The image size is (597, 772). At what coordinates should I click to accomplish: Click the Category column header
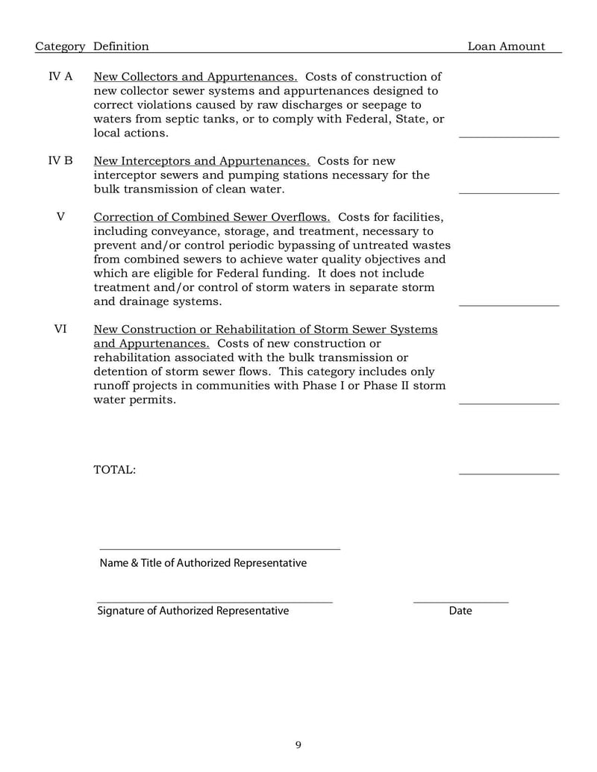pos(60,46)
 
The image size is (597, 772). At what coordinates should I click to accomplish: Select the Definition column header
pos(121,46)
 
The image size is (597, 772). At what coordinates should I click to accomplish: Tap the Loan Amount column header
pos(506,46)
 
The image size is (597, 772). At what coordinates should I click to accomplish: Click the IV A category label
pos(60,77)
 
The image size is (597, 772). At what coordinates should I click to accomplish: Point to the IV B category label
pos(60,161)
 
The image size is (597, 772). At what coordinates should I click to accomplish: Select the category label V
pos(60,217)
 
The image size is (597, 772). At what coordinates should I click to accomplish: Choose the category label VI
pos(60,329)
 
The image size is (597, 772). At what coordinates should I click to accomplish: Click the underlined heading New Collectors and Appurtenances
pos(195,77)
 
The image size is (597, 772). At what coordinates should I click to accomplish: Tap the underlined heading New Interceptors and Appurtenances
pos(201,161)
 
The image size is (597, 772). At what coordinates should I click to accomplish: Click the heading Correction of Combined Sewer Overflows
pos(212,217)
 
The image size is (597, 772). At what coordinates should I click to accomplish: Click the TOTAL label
pos(114,470)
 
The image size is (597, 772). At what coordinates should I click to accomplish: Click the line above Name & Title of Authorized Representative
pos(219,548)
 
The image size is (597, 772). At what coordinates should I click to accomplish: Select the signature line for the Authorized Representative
pos(214,601)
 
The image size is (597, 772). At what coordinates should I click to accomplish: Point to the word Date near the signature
pos(460,611)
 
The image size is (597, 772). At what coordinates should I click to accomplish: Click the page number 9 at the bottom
pos(298,744)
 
